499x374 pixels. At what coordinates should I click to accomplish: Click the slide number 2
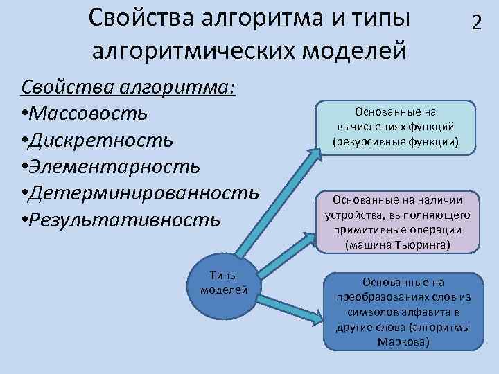coord(476,22)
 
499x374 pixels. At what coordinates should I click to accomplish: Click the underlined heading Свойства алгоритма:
coord(129,86)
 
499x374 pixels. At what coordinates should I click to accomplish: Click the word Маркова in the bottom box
coord(404,342)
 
